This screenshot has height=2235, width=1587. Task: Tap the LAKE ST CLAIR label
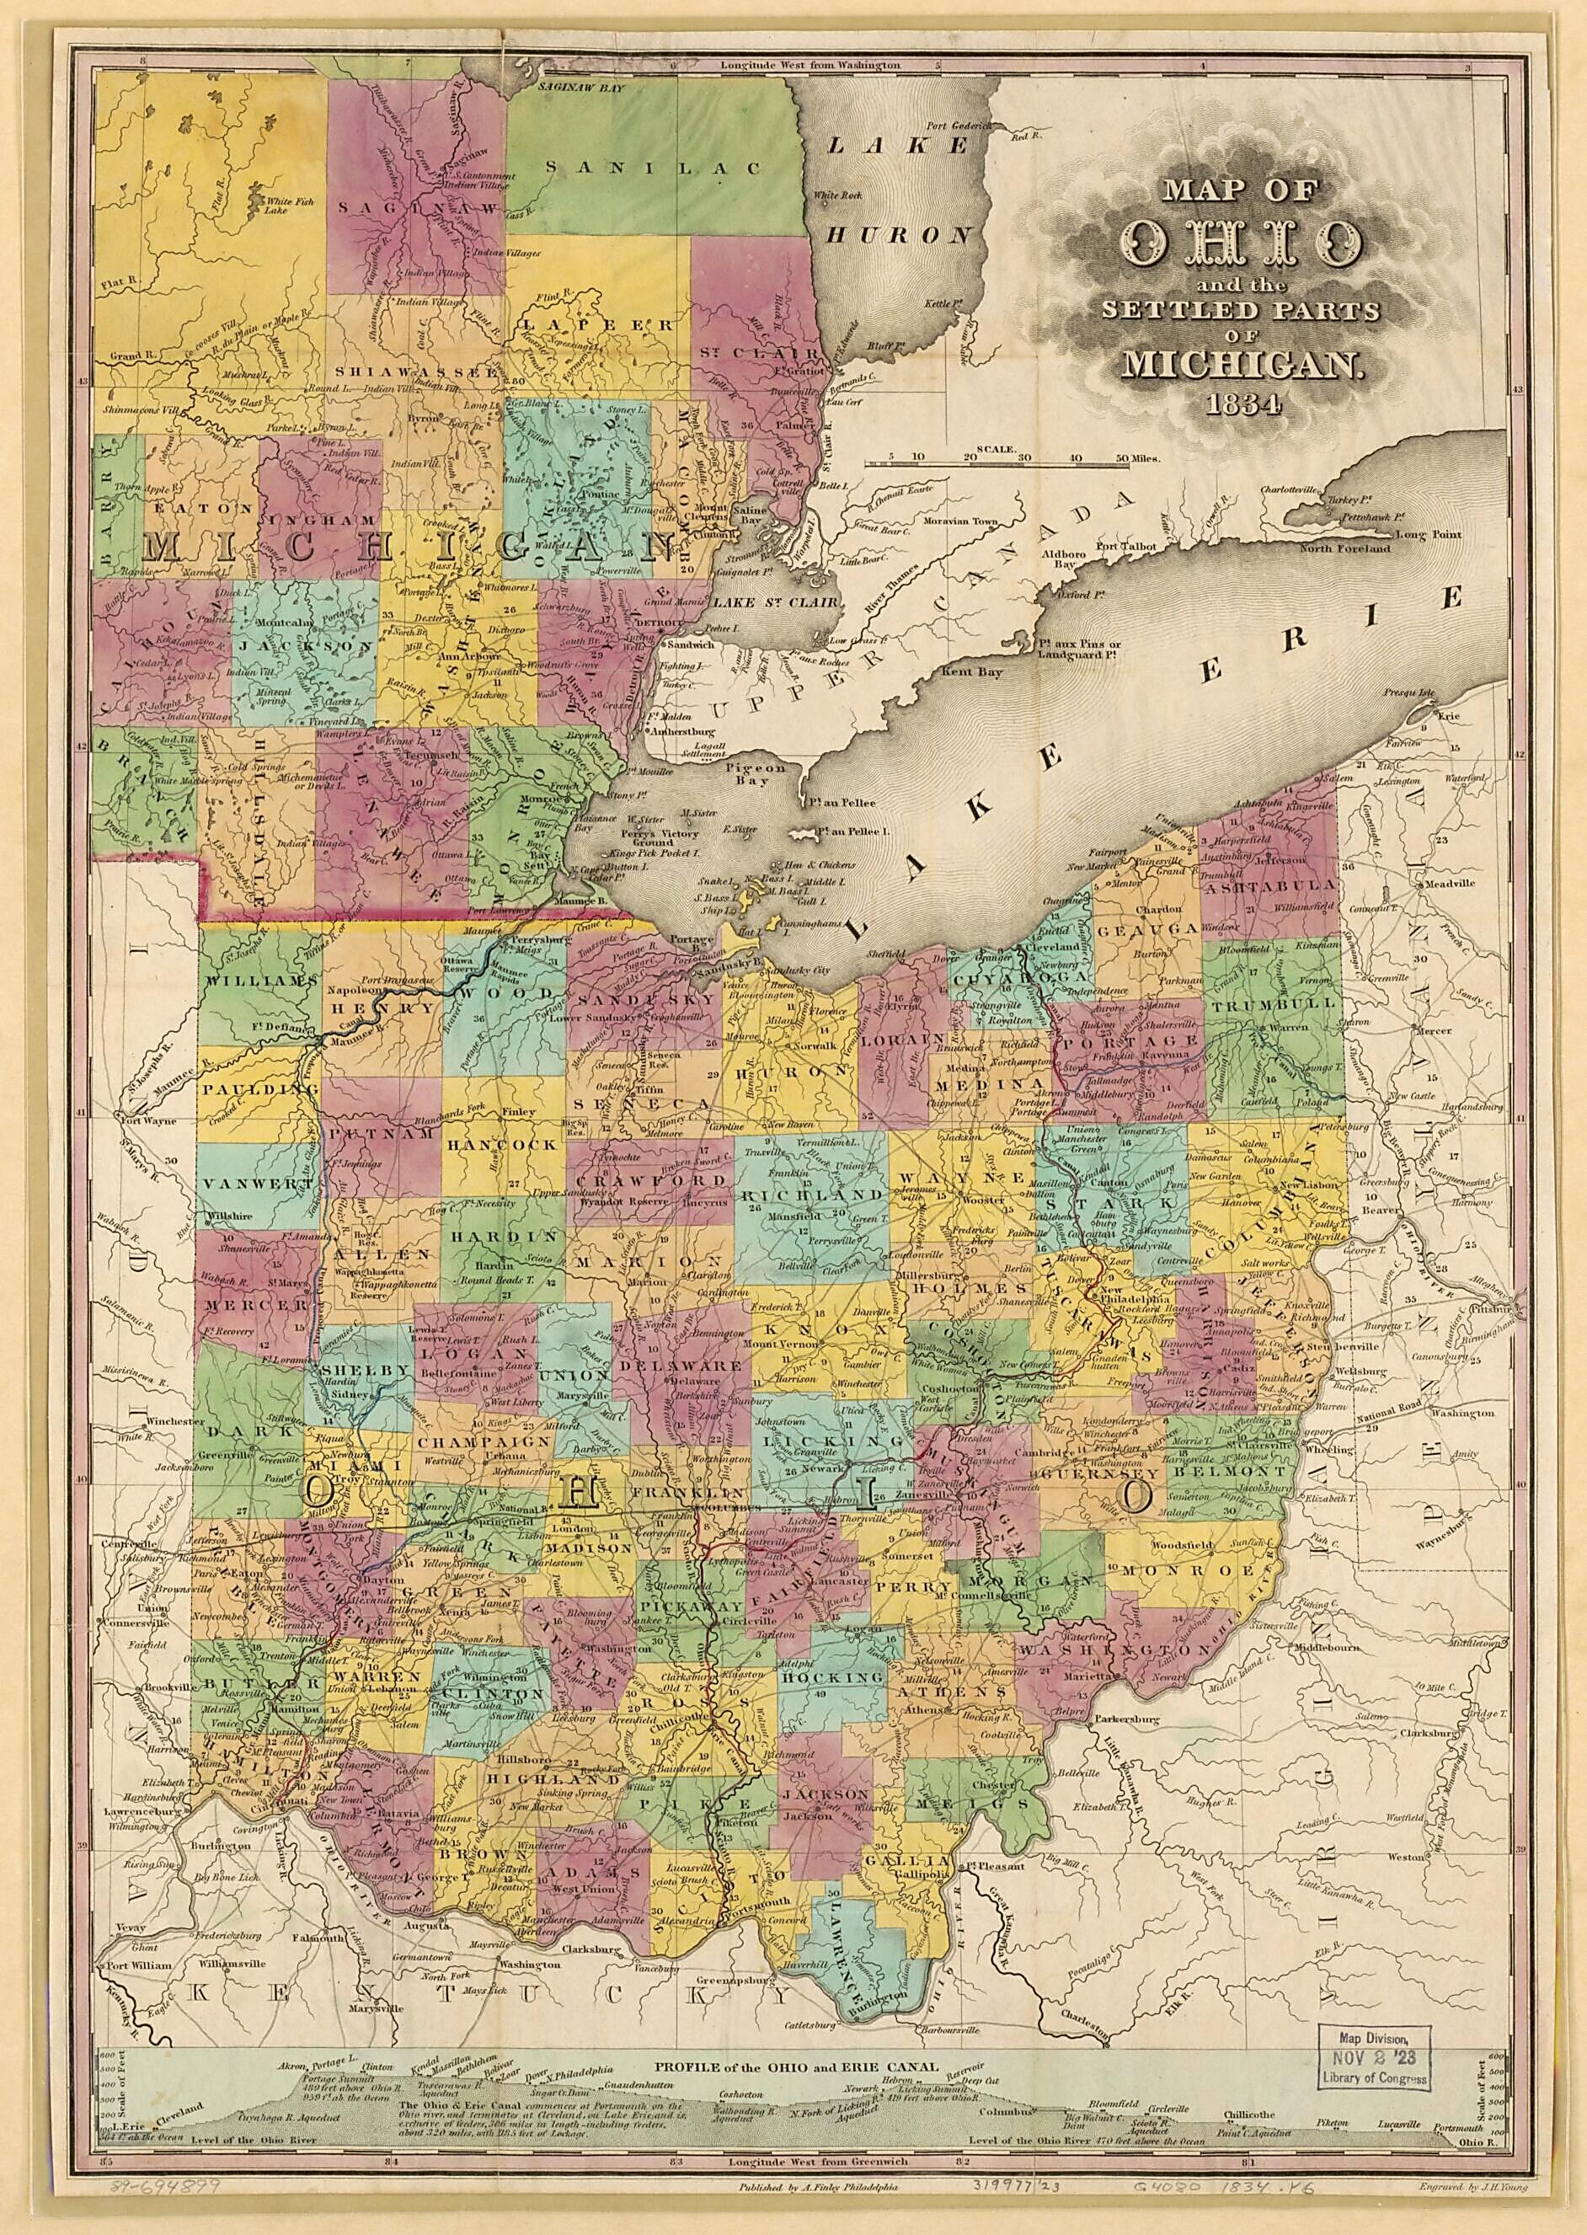coord(776,603)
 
